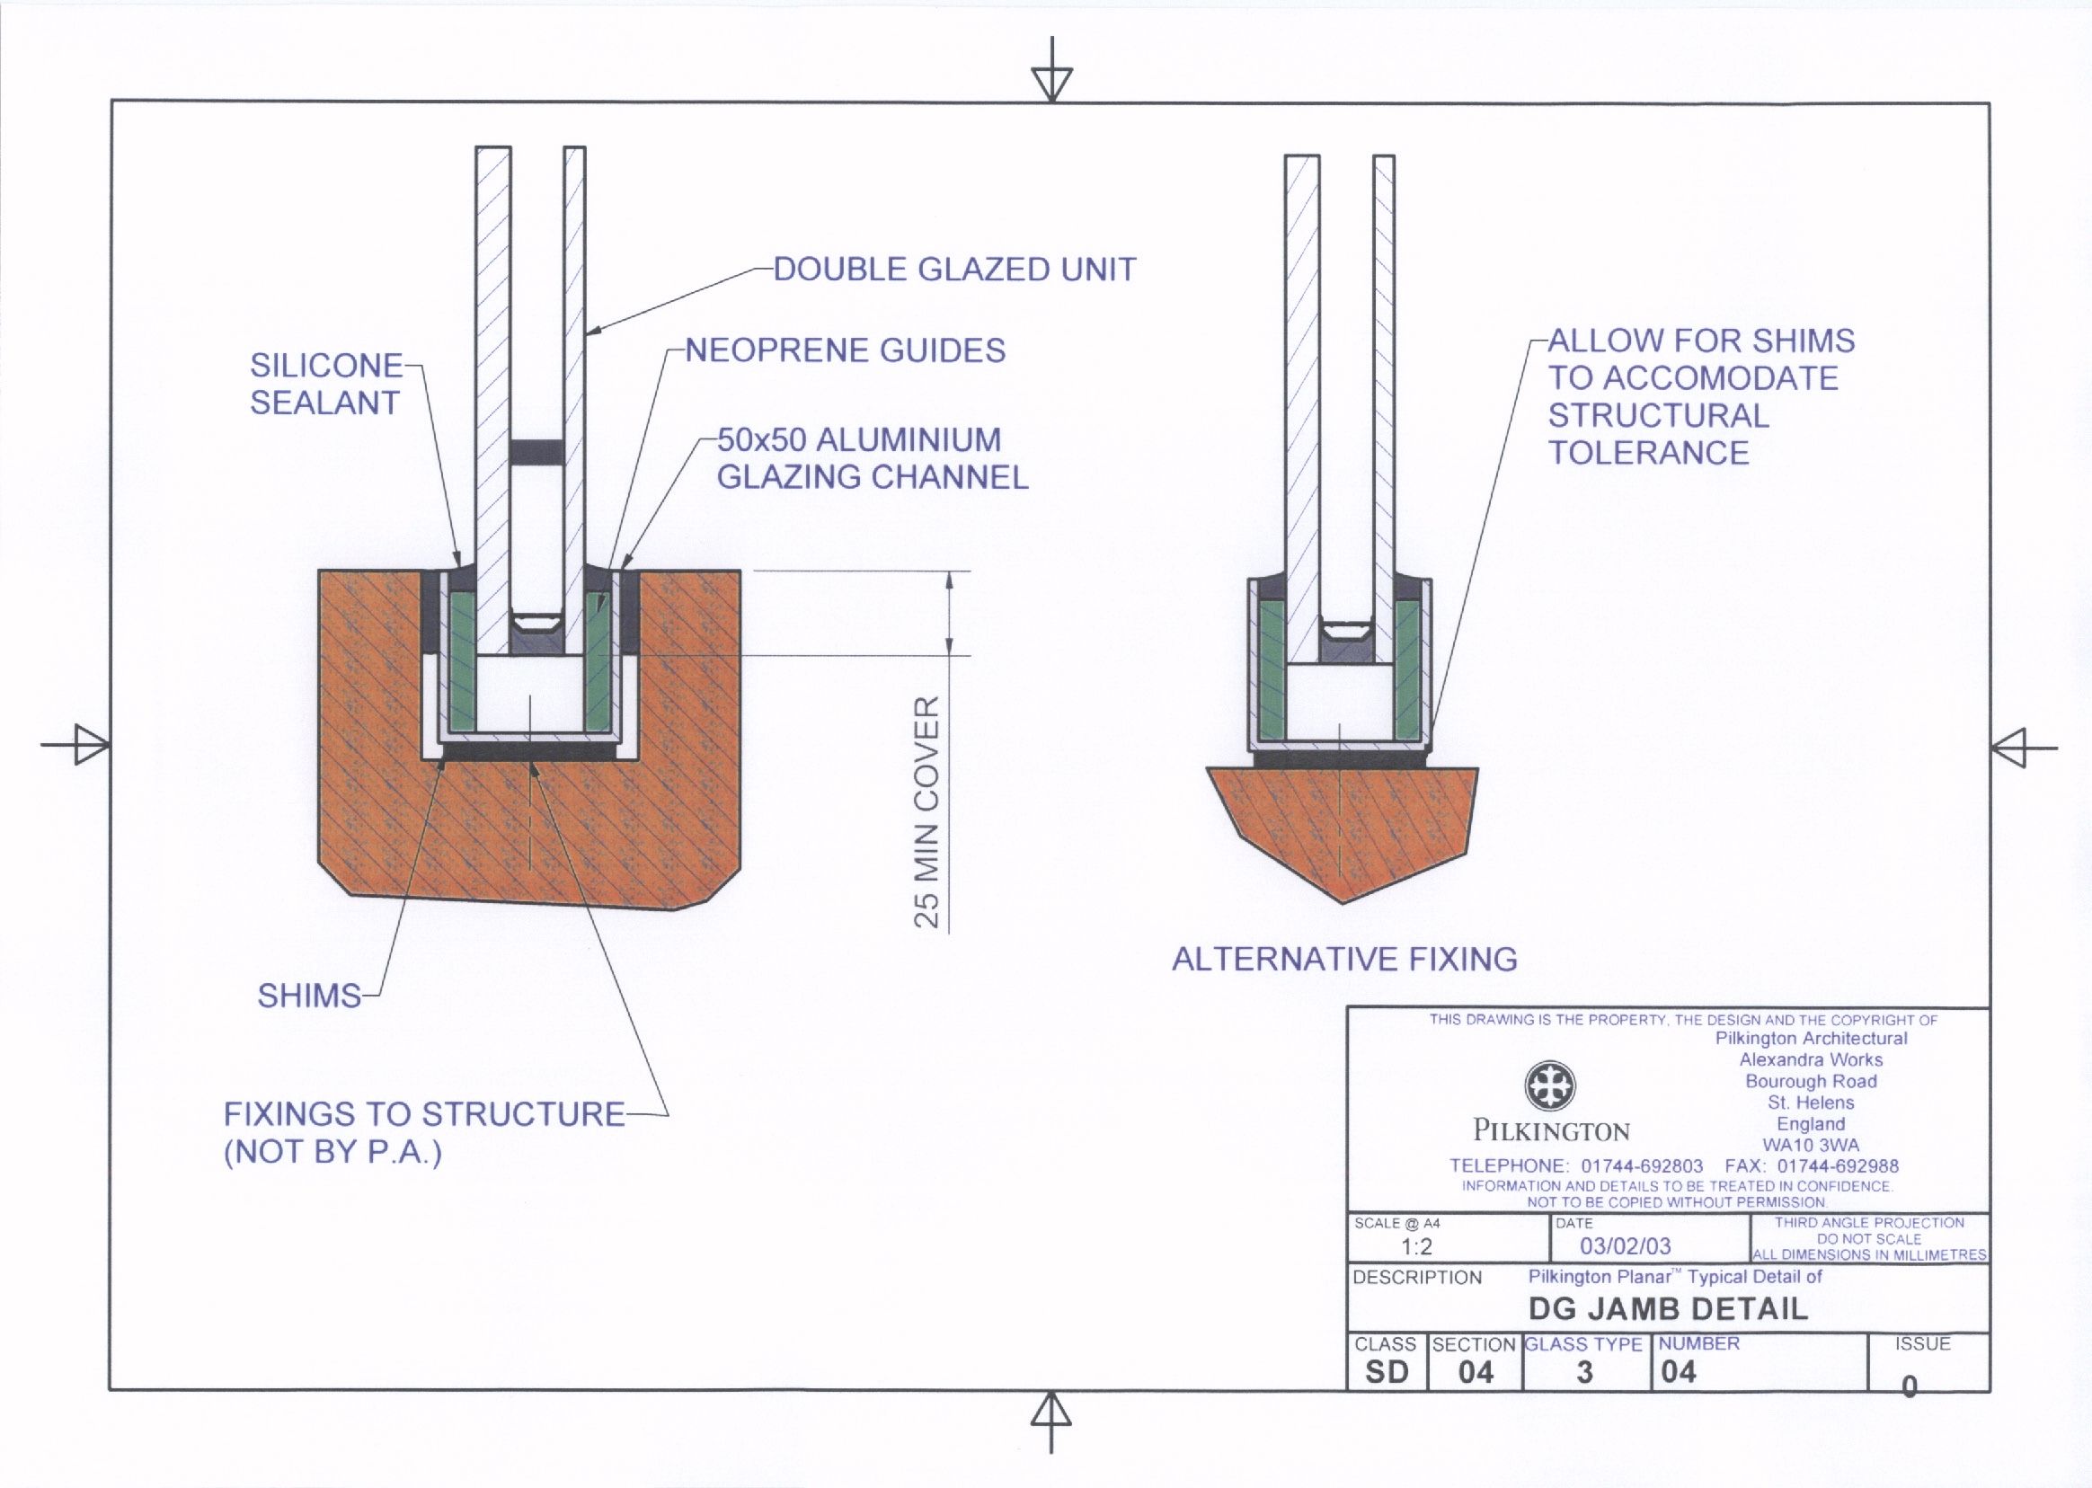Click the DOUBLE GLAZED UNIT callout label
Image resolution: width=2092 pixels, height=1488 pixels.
click(954, 270)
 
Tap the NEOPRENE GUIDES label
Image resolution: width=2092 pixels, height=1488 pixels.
click(845, 350)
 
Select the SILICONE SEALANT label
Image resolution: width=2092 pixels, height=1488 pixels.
click(326, 384)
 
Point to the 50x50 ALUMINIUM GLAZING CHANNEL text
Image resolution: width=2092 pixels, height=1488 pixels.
click(872, 458)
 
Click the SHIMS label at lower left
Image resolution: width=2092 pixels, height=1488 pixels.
click(309, 996)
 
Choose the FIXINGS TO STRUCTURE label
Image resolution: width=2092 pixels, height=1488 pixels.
click(423, 1114)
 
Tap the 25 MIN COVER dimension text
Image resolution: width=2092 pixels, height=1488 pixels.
click(927, 812)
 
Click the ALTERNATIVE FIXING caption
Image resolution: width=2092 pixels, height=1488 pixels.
click(1344, 960)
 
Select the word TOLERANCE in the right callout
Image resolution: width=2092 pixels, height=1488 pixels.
click(1648, 453)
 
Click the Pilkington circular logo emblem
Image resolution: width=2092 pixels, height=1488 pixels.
click(1549, 1085)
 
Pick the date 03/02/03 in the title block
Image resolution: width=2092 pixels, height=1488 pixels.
click(1625, 1246)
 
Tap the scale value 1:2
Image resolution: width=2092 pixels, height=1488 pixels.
click(1416, 1247)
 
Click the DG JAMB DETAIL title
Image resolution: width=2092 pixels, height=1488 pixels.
click(1668, 1309)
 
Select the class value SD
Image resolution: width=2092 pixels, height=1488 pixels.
click(1387, 1373)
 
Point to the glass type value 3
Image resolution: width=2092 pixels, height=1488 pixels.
click(1584, 1373)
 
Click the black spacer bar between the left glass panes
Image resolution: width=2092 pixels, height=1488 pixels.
click(536, 451)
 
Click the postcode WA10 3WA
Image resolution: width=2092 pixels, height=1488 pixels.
click(1811, 1146)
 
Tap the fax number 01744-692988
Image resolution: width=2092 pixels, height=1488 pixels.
click(1838, 1166)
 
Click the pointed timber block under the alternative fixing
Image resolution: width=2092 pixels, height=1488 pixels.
click(1342, 829)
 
